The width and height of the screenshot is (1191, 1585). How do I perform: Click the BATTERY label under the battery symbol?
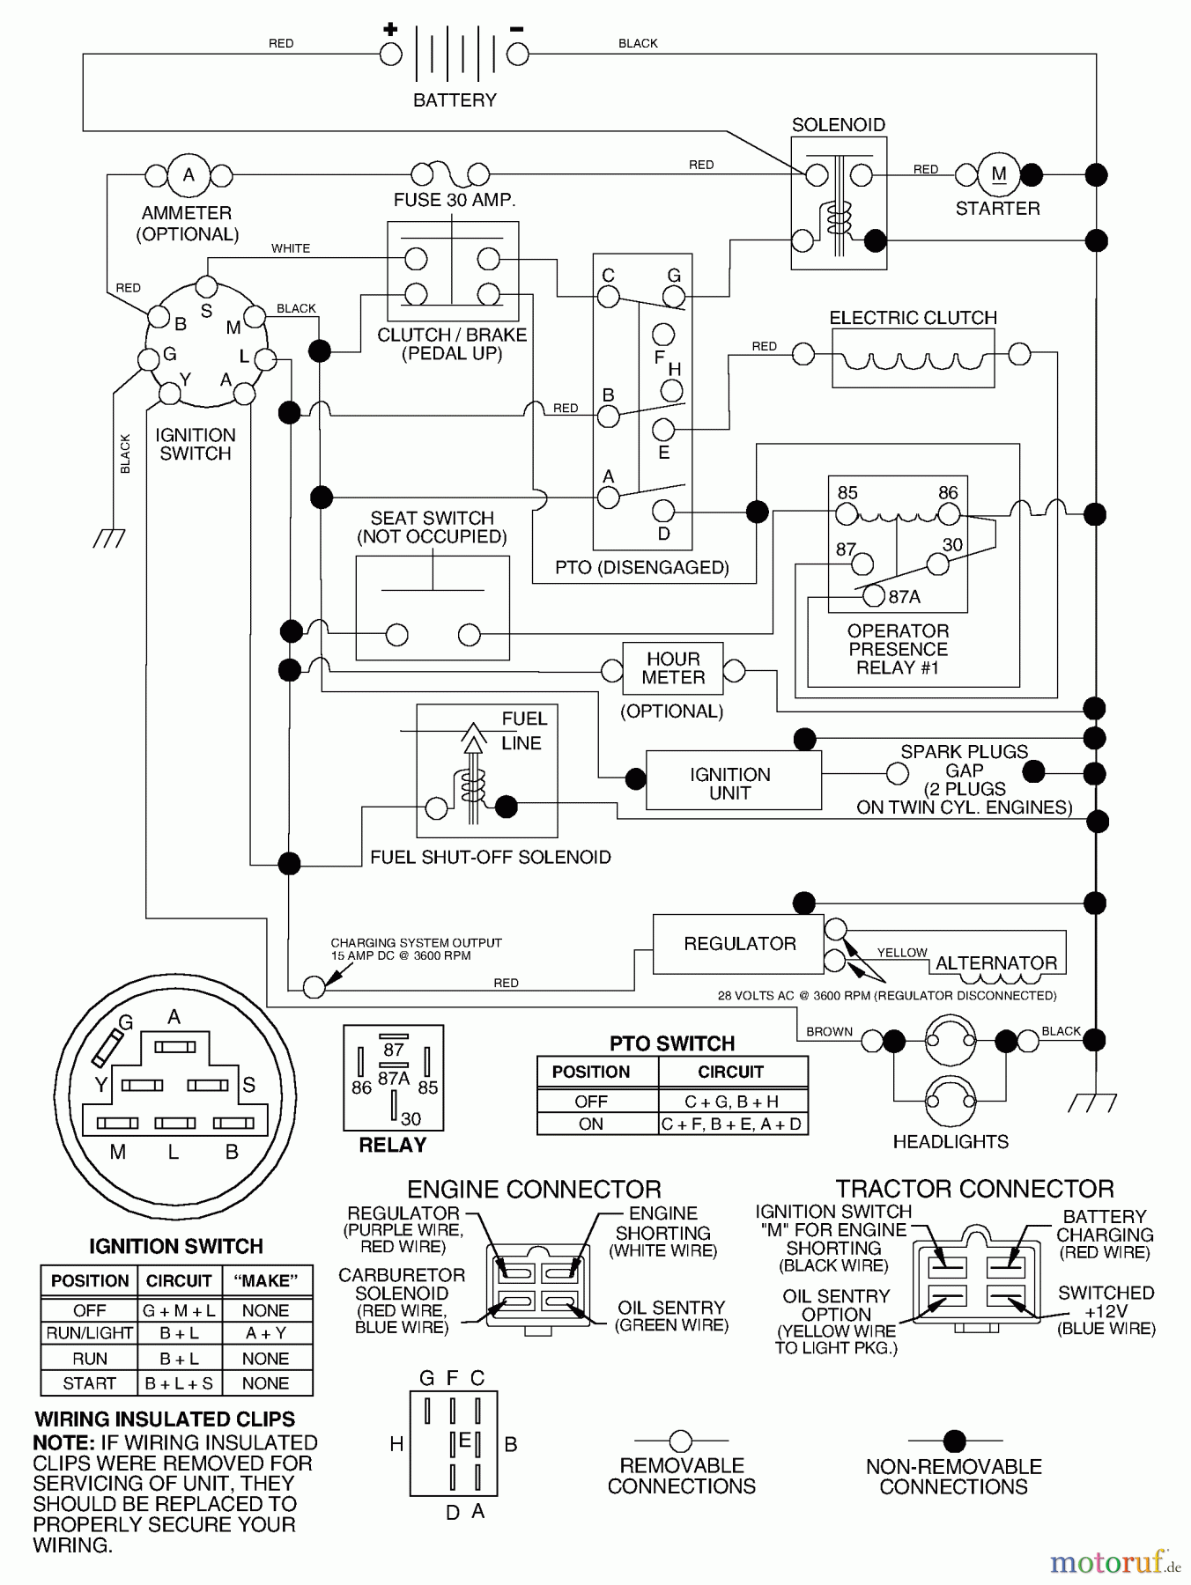(455, 100)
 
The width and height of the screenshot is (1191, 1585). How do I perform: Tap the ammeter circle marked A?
(188, 175)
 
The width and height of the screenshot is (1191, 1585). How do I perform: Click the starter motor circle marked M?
(998, 175)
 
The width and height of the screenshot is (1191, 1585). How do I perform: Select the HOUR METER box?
(673, 669)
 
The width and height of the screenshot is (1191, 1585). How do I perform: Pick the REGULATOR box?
(739, 944)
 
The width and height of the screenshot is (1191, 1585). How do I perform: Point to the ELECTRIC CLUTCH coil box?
(913, 358)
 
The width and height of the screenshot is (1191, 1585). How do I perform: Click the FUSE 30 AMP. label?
(455, 201)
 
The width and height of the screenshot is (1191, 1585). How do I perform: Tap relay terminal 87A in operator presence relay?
(873, 596)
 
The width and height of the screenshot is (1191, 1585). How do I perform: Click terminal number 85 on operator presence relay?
(847, 493)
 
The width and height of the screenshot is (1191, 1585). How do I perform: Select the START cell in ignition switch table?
(90, 1383)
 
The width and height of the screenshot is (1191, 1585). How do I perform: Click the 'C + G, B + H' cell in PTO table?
(731, 1102)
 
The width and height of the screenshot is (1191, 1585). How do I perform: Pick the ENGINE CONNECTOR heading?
(534, 1190)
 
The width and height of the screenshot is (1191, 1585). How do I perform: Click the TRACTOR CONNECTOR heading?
(974, 1190)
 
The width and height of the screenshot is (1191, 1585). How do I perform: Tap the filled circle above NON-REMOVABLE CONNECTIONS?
(954, 1441)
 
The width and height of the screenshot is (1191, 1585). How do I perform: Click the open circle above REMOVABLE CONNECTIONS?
(681, 1441)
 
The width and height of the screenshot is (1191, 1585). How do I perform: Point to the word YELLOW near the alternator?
(902, 953)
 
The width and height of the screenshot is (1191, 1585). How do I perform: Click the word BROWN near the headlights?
(829, 1031)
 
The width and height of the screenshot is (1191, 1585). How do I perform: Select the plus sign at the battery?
(390, 30)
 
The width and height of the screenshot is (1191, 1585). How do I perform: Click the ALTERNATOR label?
(995, 963)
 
